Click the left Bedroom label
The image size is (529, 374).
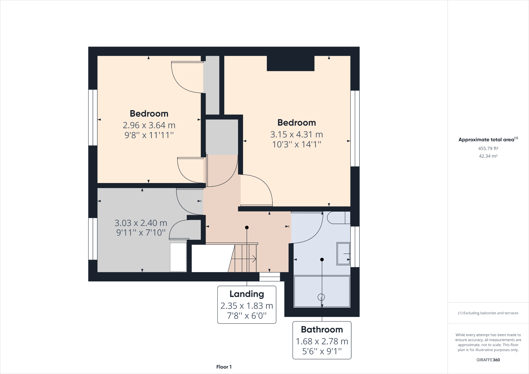click(x=149, y=114)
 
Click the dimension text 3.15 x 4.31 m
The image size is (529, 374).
click(x=297, y=134)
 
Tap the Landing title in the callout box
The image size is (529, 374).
click(x=247, y=294)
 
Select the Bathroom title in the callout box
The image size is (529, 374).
click(x=322, y=330)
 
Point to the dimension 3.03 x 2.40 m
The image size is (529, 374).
click(x=141, y=223)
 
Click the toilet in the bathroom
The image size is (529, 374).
click(x=338, y=218)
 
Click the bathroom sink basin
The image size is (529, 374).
click(x=343, y=254)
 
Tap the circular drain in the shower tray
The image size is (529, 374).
click(x=321, y=297)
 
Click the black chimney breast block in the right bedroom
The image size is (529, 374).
click(x=290, y=63)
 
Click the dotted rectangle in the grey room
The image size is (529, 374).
click(x=178, y=257)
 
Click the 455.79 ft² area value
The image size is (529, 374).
click(x=488, y=148)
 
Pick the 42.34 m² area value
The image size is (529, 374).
click(x=488, y=156)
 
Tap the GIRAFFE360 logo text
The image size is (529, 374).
click(x=488, y=360)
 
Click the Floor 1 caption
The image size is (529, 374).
click(x=224, y=367)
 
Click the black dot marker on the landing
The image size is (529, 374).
click(x=247, y=227)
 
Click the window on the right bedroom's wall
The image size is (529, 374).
click(x=355, y=128)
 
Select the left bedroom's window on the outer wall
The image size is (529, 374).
click(x=93, y=117)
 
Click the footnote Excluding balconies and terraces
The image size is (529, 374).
click(x=488, y=313)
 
